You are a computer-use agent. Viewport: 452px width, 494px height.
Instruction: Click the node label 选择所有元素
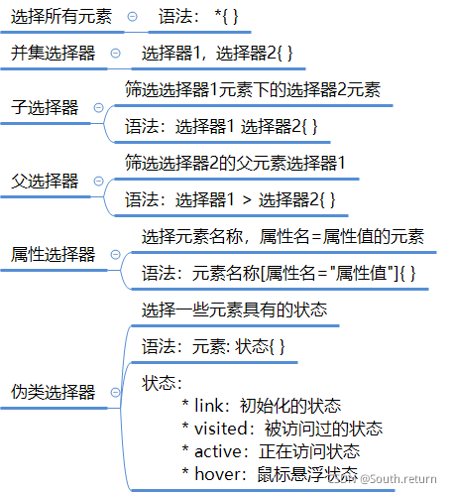tap(61, 16)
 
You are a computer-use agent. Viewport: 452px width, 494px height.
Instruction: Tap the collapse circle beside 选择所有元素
tap(133, 16)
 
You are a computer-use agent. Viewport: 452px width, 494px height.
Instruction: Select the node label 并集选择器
tap(53, 53)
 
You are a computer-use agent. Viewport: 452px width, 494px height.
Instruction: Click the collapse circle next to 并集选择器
tap(115, 53)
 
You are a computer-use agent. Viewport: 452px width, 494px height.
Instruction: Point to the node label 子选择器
tap(45, 107)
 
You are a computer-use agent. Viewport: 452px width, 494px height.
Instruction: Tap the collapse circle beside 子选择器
tap(99, 107)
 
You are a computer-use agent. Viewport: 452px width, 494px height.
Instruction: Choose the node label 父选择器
tap(45, 181)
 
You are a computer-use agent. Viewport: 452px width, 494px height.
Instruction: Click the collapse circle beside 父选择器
tap(99, 181)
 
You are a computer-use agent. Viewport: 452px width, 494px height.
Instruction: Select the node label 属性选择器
tap(53, 254)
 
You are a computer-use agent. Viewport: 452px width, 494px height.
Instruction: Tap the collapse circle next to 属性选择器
tap(115, 254)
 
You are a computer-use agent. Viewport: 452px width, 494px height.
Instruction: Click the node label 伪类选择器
tap(53, 392)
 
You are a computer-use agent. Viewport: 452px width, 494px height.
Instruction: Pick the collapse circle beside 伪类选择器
tap(115, 392)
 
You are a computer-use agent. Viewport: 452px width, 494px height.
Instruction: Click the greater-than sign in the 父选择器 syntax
tap(247, 200)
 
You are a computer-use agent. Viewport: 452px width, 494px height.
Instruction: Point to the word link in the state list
tap(208, 406)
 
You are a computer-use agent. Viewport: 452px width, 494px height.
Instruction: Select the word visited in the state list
tap(221, 429)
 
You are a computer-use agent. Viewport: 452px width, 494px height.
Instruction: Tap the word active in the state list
tap(218, 451)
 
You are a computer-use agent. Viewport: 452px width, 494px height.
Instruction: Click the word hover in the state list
tap(218, 474)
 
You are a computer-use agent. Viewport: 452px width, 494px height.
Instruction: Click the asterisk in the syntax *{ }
tap(218, 15)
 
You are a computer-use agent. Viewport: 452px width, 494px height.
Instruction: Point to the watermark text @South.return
tap(398, 479)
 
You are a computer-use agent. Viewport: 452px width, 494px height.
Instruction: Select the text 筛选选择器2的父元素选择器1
tap(235, 163)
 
